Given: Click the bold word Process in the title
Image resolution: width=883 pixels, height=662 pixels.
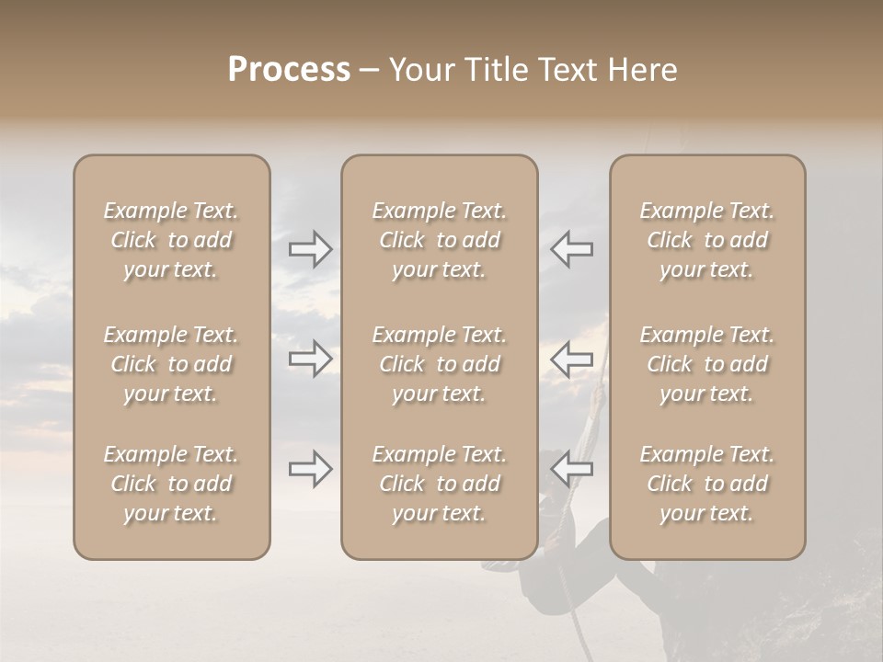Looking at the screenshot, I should coord(289,70).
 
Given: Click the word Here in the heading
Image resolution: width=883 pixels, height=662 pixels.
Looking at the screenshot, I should coord(643,70).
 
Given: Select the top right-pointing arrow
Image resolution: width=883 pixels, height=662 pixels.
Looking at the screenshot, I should coord(310,249).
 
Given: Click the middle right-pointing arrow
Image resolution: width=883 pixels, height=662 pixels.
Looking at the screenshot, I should coord(310,359).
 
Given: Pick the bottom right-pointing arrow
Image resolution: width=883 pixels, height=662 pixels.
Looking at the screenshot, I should coord(310,470).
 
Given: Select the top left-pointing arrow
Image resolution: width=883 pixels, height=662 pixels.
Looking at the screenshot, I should coord(572,249).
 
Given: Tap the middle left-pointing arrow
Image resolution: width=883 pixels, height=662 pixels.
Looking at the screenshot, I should coord(572,359).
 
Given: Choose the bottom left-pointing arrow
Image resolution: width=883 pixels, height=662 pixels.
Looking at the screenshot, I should coord(572,470).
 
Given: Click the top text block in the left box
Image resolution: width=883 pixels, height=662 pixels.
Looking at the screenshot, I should coord(171,240).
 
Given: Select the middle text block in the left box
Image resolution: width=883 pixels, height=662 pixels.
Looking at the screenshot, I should coord(171,364).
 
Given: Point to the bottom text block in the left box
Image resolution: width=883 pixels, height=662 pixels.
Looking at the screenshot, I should coord(171,484).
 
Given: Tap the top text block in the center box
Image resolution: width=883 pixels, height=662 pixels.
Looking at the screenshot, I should coord(439,240).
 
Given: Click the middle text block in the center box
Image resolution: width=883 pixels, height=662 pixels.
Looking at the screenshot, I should coord(439,364).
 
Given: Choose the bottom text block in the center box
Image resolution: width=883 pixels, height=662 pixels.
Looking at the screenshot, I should coord(439,484).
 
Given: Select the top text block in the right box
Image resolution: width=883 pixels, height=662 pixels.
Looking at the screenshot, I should coord(706,240).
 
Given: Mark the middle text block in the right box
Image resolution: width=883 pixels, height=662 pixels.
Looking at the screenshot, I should coord(706,364).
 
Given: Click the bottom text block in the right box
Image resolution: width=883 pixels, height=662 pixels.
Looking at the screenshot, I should coord(706,484).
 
